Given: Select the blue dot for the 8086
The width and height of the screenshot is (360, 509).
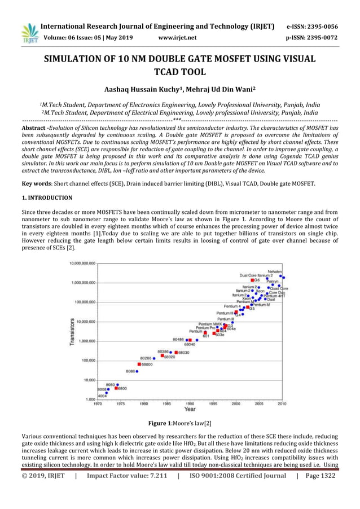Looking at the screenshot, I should (137, 371).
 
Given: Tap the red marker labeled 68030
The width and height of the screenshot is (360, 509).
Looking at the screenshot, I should (176, 353).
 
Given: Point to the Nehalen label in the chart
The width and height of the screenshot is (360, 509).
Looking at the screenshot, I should (275, 271).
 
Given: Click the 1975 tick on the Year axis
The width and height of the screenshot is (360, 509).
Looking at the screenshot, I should (121, 403).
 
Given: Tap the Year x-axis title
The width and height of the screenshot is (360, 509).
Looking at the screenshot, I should (190, 409).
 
